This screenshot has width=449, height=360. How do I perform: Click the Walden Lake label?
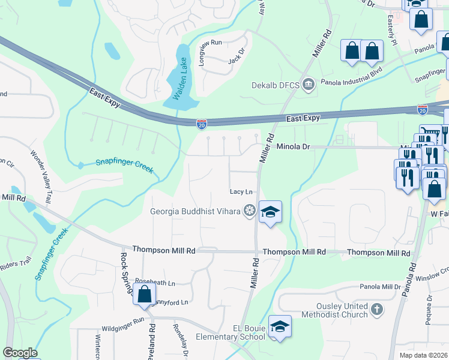(x=179, y=77)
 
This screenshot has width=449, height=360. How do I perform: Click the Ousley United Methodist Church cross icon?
(x=376, y=310)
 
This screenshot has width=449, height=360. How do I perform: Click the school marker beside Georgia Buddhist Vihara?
(x=271, y=211)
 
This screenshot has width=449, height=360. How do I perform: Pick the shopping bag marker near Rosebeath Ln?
(x=144, y=295)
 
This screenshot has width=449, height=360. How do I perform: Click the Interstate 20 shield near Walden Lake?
(x=202, y=124)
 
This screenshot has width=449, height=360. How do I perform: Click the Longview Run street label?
(x=208, y=43)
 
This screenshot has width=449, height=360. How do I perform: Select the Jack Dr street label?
(x=237, y=56)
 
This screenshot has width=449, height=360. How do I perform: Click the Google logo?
(x=20, y=353)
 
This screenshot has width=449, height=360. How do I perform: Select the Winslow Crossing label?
(x=431, y=277)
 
